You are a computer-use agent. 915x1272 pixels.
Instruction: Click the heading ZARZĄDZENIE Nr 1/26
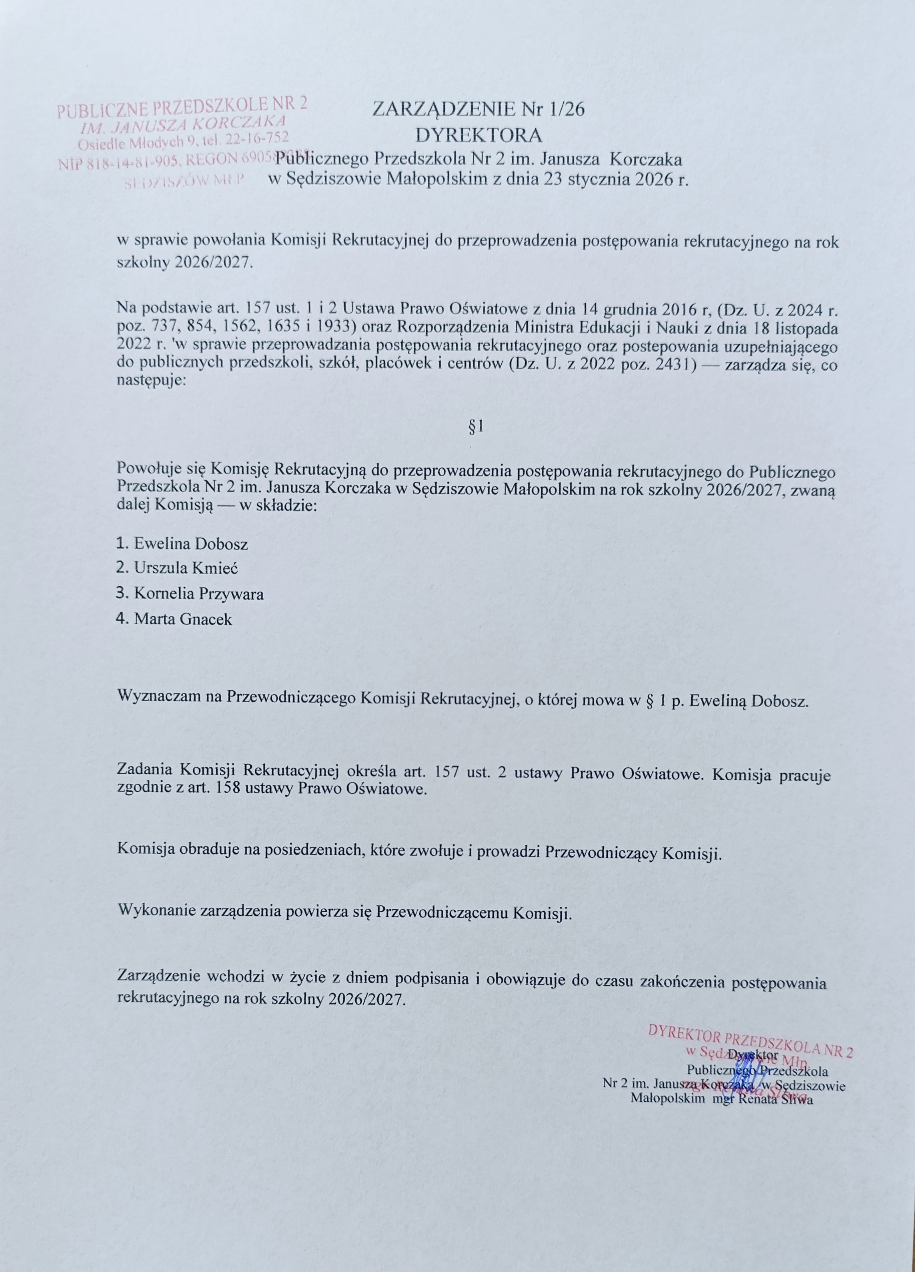click(478, 109)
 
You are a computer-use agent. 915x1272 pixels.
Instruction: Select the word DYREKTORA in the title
click(478, 136)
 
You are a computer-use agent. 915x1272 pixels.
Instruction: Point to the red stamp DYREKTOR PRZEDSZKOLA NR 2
click(750, 1042)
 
